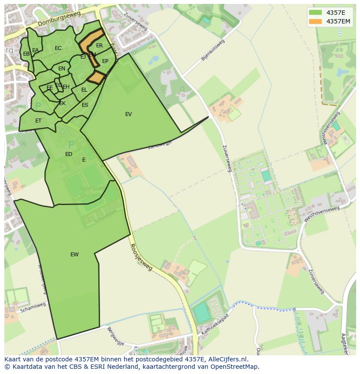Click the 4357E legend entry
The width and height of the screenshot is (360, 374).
click(335, 13)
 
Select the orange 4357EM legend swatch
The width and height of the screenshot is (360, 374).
click(315, 21)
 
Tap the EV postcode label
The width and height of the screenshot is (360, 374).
click(128, 114)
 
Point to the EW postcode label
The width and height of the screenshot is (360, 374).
click(74, 255)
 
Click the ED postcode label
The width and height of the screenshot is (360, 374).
click(69, 154)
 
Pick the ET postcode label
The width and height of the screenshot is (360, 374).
click(38, 121)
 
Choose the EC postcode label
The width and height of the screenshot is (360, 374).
click(58, 48)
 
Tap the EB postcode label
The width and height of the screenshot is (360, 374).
click(26, 54)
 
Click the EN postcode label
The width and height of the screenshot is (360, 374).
click(62, 69)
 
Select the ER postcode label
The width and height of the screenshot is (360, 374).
click(100, 46)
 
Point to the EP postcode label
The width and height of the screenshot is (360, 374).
click(105, 61)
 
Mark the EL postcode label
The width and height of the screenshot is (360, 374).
click(84, 90)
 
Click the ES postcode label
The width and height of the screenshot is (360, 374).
click(85, 105)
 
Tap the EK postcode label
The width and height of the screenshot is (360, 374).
click(62, 103)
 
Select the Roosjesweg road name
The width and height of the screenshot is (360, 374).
click(141, 257)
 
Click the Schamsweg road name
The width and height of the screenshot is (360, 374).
click(33, 308)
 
